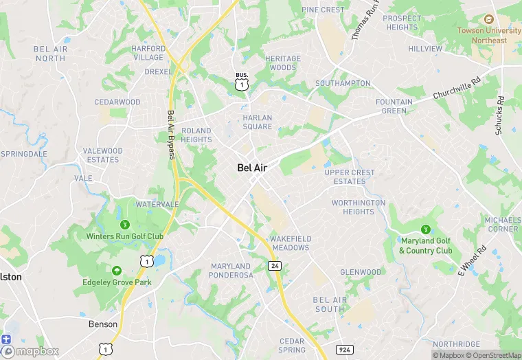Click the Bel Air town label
(x=252, y=167)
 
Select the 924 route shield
(x=345, y=350)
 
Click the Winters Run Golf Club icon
(x=124, y=224)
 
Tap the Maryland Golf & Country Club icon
(x=425, y=229)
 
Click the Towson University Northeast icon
(x=488, y=20)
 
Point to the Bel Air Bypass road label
(x=171, y=135)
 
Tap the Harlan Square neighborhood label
(x=258, y=122)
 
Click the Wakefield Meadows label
(x=290, y=243)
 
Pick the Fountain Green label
(x=394, y=106)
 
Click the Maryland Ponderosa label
(x=230, y=271)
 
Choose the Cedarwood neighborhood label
(x=117, y=102)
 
